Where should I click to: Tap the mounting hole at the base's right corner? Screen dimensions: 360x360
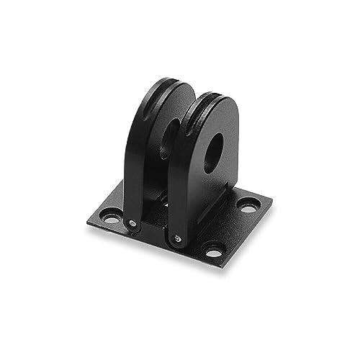248,207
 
